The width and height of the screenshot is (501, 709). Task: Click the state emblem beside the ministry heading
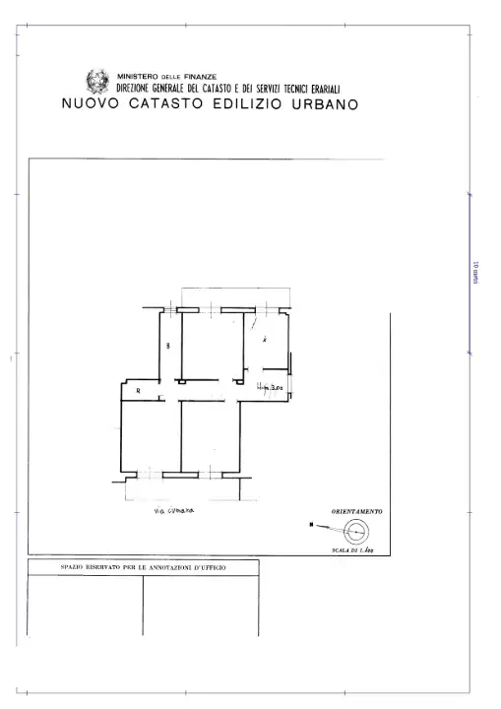98,82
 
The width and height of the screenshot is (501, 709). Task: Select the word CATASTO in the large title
170,102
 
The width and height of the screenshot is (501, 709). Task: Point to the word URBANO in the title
325,102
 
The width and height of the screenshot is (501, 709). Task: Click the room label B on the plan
168,345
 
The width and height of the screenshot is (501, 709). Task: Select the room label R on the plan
138,392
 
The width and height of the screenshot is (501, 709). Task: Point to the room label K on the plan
264,339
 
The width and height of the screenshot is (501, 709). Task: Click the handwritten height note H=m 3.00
269,387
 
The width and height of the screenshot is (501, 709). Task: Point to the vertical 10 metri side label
475,270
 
